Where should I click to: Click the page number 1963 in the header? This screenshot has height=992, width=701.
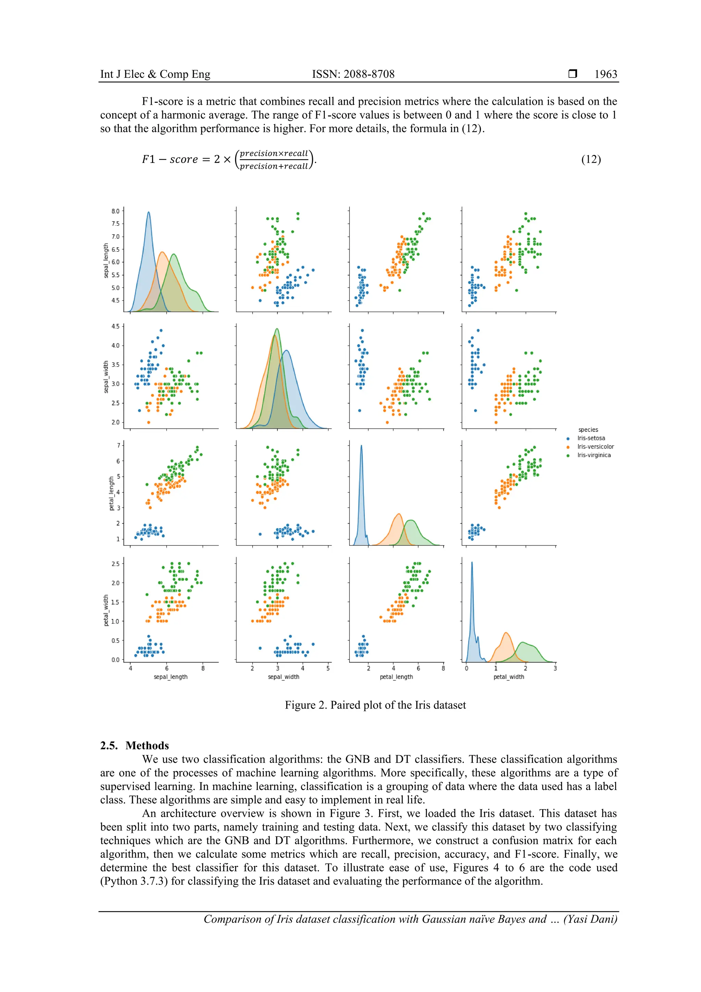606,74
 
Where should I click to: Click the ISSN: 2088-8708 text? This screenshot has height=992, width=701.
353,74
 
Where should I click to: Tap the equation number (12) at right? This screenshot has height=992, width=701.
590,160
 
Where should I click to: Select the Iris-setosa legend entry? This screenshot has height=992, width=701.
591,438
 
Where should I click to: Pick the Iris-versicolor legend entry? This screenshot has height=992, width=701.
595,447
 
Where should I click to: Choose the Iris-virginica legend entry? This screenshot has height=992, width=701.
594,455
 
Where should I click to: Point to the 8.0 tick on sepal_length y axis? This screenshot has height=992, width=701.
115,211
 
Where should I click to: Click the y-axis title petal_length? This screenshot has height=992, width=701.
112,493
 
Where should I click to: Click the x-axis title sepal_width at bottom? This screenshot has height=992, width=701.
283,677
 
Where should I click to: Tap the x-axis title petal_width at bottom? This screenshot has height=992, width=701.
508,677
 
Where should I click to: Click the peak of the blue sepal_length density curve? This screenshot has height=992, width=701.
149,212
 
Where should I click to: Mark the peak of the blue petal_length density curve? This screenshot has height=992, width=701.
361,446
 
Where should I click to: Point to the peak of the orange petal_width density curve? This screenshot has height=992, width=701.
506,633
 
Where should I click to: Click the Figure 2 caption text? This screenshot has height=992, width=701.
375,705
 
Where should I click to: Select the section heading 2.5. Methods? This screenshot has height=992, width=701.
134,746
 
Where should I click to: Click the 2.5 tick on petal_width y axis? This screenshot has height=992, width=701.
115,564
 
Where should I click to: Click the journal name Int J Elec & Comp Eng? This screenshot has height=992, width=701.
155,74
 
